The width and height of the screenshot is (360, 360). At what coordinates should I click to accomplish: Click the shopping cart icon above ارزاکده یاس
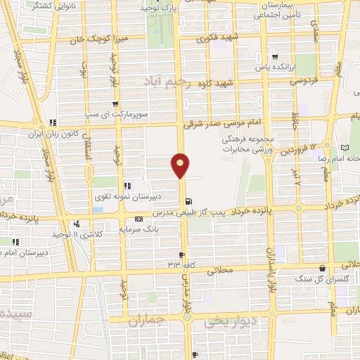click(x=274, y=58)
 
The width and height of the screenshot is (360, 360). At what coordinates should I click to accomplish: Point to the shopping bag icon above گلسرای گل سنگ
click(x=322, y=268)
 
